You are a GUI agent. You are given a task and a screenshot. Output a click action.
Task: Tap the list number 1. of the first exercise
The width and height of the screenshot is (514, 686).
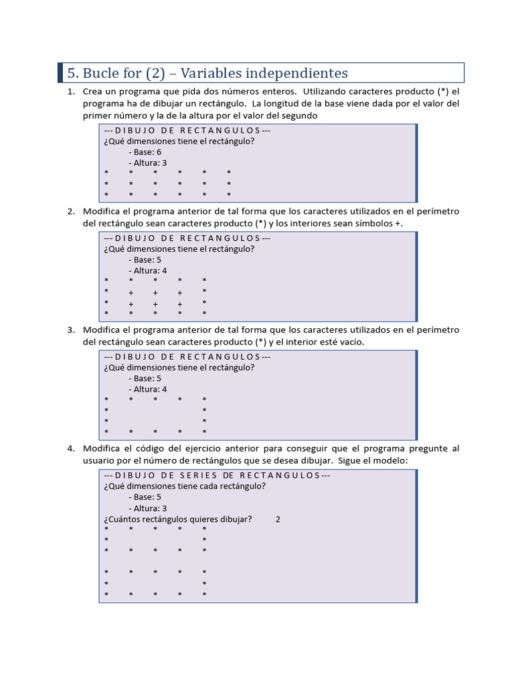click(71, 91)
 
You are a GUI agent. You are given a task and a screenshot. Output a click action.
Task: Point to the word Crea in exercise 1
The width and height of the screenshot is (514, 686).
click(94, 91)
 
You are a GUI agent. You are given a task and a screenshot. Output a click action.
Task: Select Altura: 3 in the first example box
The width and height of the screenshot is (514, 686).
click(149, 163)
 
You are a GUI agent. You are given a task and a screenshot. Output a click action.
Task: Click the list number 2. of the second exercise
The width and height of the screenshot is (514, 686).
click(71, 211)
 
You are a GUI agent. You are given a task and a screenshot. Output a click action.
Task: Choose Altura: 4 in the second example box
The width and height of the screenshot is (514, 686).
click(149, 271)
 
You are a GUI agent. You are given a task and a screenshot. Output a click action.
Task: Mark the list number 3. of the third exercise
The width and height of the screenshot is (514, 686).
click(71, 330)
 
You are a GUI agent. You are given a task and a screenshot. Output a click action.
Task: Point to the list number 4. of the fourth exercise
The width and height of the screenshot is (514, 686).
click(71, 448)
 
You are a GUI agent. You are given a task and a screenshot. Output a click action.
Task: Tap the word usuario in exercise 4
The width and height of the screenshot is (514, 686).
click(99, 460)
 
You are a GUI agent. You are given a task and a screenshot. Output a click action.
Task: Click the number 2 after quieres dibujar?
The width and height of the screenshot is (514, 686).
click(278, 519)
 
